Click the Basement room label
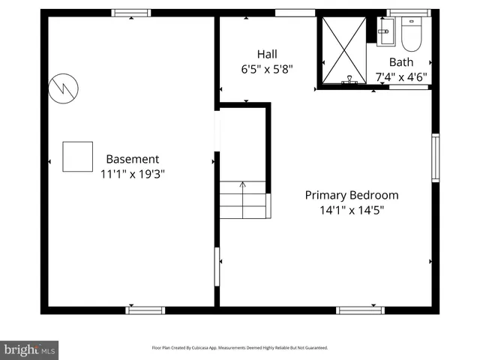132,159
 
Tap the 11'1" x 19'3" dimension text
132,174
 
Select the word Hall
266,54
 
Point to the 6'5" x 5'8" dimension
266,69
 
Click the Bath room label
400,61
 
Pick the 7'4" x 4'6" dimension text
400,76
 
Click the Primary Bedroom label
351,195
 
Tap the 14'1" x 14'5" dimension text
351,210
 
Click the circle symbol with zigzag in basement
63,89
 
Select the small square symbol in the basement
77,156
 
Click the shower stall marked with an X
343,50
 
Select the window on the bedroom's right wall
435,157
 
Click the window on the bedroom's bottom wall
360,310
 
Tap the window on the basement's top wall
130,13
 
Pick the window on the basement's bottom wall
145,310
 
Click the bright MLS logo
29,349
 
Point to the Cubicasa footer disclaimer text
240,348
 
